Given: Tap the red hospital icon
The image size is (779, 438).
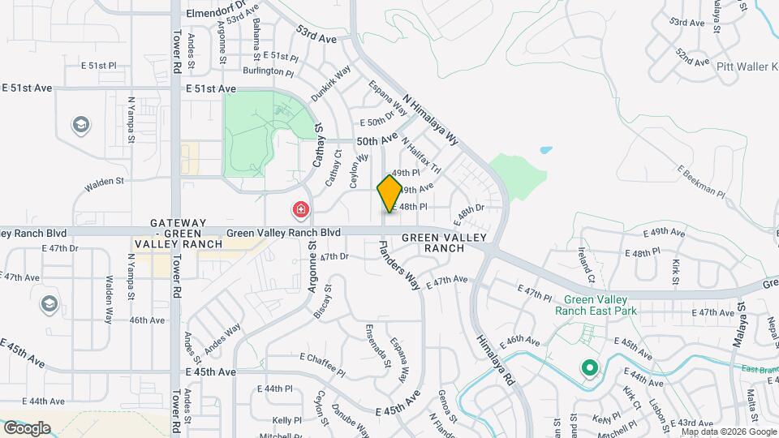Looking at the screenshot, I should tap(301, 211).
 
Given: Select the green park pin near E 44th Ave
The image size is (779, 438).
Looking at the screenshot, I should tap(588, 369).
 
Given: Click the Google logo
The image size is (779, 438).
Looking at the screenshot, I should tap(26, 428).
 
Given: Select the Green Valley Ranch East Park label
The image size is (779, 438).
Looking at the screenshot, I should tap(596, 305).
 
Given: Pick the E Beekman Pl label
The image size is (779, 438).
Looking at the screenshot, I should tap(700, 182).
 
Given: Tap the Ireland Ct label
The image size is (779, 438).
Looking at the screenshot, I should tap(585, 264).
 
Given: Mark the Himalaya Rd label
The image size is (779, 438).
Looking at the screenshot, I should tap(497, 359).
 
